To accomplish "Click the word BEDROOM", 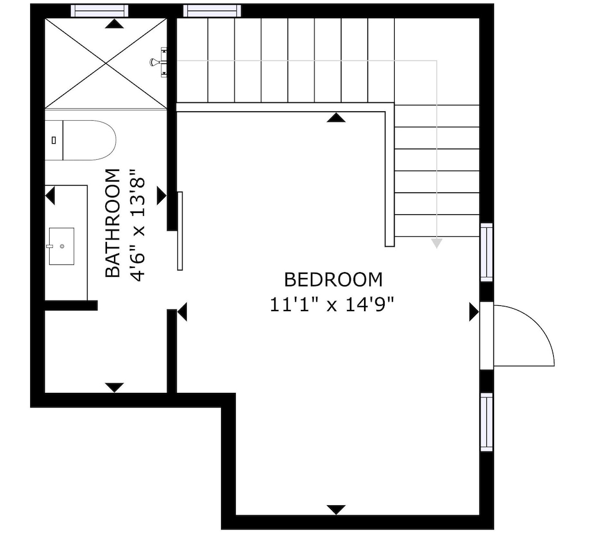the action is (x=333, y=280).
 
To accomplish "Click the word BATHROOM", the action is (x=112, y=223).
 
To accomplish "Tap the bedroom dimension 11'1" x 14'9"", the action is (x=332, y=305).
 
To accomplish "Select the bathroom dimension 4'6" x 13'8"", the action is (x=137, y=225).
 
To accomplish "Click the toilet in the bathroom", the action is (x=80, y=140).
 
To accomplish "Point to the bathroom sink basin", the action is (x=61, y=246).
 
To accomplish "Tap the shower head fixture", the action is (x=158, y=62).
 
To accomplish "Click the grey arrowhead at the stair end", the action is (x=437, y=243).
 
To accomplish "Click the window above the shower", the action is (x=99, y=11).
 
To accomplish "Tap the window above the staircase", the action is (x=212, y=11).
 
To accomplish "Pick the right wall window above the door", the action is (x=486, y=252).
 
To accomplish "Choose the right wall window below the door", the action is (x=486, y=422).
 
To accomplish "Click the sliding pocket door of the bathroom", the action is (x=180, y=231).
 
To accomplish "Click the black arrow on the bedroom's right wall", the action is (x=474, y=312).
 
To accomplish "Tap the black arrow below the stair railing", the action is (x=336, y=117).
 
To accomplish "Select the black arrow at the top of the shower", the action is (x=114, y=24).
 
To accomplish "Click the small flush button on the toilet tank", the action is (x=54, y=140).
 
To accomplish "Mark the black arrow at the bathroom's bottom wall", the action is (x=114, y=387).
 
